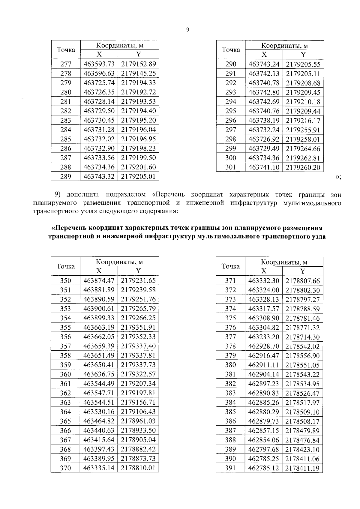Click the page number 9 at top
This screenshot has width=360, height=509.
click(x=187, y=29)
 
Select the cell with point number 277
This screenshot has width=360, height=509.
click(x=66, y=64)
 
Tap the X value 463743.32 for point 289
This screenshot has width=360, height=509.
click(x=99, y=176)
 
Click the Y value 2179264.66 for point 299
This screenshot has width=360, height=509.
click(x=303, y=148)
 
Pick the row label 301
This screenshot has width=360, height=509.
click(x=230, y=167)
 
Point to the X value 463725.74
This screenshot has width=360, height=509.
click(x=99, y=83)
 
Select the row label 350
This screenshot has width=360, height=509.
click(x=66, y=280)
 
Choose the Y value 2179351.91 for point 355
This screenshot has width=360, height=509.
click(x=138, y=327)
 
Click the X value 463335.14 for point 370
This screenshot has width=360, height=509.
click(x=99, y=468)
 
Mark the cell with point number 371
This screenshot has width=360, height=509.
click(x=230, y=281)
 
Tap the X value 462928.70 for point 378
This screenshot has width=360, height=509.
click(x=264, y=346)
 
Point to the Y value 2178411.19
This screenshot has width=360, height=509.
click(x=302, y=468)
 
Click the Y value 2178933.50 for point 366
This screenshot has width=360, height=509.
click(x=138, y=430)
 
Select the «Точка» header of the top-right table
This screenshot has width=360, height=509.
click(x=231, y=50)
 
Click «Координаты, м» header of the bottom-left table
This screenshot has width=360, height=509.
click(x=119, y=262)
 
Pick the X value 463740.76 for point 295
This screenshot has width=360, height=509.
click(x=264, y=111)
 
